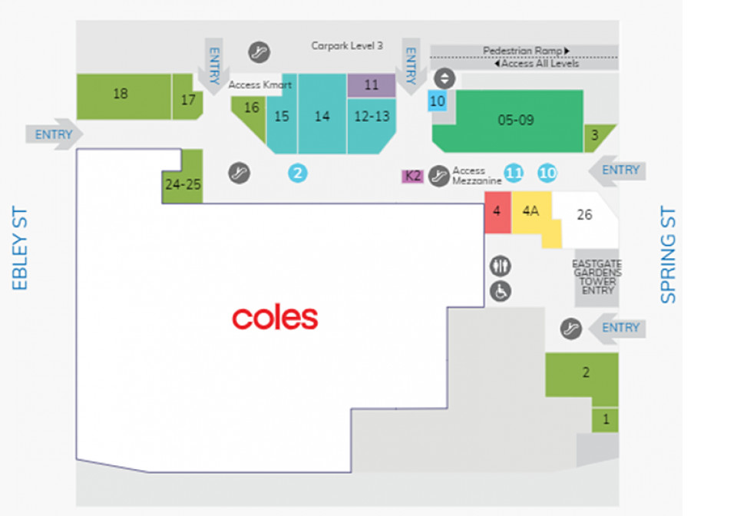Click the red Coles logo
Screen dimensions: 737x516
(275, 317)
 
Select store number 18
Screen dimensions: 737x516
(124, 96)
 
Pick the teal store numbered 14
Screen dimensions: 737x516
(322, 114)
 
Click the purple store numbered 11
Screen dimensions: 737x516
(372, 85)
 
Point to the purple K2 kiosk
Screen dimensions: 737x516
(413, 177)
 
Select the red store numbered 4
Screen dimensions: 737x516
(497, 213)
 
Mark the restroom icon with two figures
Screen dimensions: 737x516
(501, 266)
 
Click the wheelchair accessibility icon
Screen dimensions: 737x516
(501, 291)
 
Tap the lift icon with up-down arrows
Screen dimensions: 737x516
(445, 78)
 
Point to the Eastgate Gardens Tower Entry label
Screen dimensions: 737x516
(597, 277)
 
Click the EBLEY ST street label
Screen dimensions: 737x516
(20, 248)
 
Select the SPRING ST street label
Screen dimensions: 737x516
(668, 254)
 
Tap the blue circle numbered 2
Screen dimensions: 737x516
(298, 174)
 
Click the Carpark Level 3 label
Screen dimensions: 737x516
(347, 45)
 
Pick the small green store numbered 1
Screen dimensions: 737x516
(606, 420)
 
